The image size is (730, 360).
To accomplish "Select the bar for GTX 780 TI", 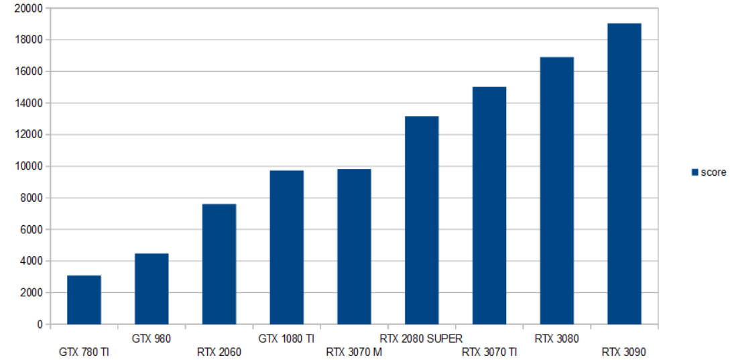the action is tap(84, 300).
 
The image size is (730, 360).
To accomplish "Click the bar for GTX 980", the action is tap(151, 289).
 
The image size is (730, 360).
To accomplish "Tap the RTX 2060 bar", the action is tap(219, 264).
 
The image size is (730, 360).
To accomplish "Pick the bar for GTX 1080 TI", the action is tap(286, 247).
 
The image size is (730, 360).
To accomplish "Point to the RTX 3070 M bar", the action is tap(355, 247).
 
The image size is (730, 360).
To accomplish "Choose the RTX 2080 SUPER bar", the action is tap(422, 221).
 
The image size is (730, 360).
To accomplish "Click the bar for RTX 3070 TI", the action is tap(489, 205).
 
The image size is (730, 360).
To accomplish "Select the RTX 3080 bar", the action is tap(557, 190).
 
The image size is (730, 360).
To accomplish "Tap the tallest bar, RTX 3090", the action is tap(624, 174).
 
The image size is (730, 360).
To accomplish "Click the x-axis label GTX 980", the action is tap(151, 339).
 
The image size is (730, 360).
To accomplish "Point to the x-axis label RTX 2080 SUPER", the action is tap(422, 339).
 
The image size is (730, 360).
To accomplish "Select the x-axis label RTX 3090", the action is tap(624, 352).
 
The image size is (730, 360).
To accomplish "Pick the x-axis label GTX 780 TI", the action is tap(84, 352).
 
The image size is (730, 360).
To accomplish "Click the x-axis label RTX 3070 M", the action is tap(355, 352).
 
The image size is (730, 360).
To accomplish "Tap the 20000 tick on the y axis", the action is tap(29, 9).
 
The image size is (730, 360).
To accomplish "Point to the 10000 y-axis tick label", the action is tap(29, 166).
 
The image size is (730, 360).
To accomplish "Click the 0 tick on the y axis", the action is tap(40, 324).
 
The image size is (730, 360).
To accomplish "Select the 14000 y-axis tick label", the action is tap(29, 103).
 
